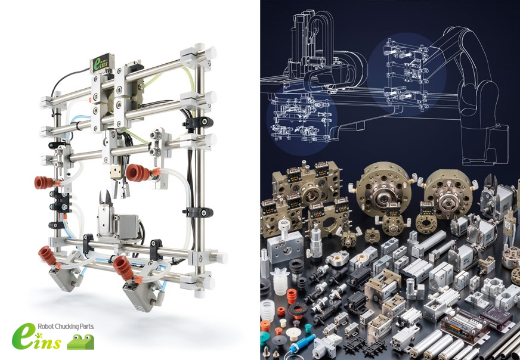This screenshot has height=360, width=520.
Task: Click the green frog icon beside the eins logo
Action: (81, 342)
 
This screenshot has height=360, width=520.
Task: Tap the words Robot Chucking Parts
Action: (66, 326)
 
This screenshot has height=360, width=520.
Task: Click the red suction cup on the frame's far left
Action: (44, 182)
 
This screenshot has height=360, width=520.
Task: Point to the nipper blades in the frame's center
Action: (106, 198)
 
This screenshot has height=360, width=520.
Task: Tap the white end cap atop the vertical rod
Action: (200, 46)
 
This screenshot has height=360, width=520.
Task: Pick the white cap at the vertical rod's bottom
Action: (199, 293)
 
